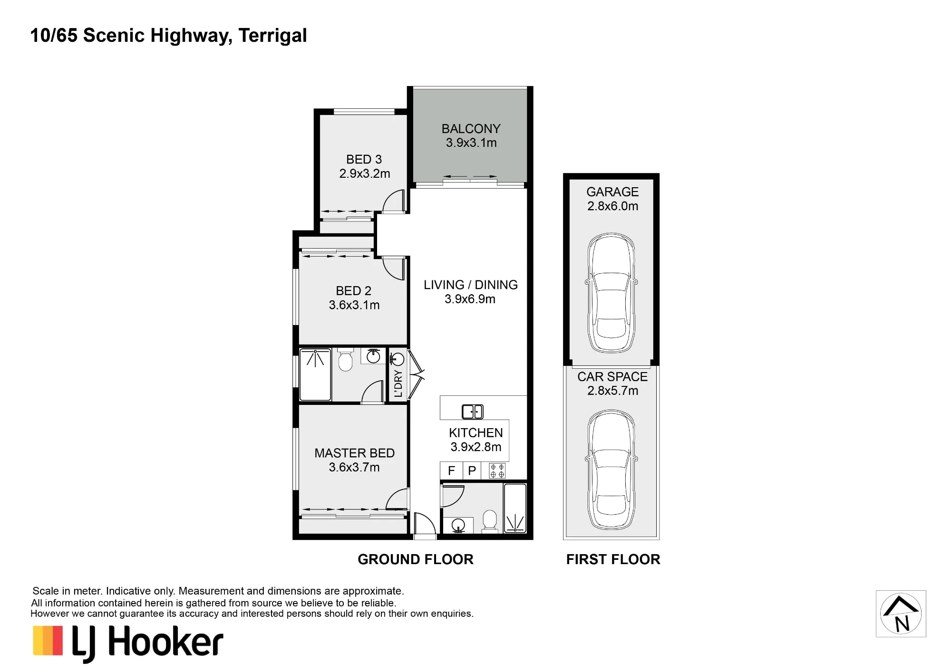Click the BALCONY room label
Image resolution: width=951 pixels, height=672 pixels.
(x=471, y=129)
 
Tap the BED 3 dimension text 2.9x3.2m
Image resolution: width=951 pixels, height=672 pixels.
(x=365, y=174)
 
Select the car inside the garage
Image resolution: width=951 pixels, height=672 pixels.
(x=611, y=293)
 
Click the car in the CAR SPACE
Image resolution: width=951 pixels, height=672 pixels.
(x=611, y=470)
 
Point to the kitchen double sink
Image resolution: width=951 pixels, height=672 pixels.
(x=473, y=412)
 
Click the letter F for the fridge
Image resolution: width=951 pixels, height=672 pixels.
(x=451, y=471)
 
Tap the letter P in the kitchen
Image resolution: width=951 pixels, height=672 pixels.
(x=472, y=471)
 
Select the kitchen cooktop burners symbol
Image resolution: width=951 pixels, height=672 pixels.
(x=497, y=470)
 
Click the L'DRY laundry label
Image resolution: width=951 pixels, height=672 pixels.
(x=398, y=384)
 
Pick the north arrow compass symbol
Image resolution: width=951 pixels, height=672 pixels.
(x=901, y=614)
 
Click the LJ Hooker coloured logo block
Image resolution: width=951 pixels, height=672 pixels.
(x=48, y=641)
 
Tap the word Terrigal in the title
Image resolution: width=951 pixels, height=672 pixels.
(x=272, y=36)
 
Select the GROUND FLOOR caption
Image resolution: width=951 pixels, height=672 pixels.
(x=416, y=559)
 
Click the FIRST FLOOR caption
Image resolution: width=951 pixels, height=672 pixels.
(x=613, y=559)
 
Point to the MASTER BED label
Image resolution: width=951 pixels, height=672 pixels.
(x=354, y=453)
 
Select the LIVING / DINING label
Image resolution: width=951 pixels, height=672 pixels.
(x=471, y=285)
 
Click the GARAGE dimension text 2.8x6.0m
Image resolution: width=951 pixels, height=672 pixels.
(x=612, y=206)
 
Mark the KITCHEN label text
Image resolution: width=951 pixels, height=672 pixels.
(x=475, y=433)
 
